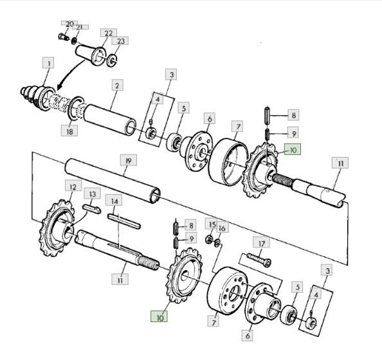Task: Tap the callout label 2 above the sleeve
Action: point(118,85)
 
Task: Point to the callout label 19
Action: point(128,160)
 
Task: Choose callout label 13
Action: point(92,194)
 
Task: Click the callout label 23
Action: point(120,40)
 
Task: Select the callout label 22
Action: point(109,33)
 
